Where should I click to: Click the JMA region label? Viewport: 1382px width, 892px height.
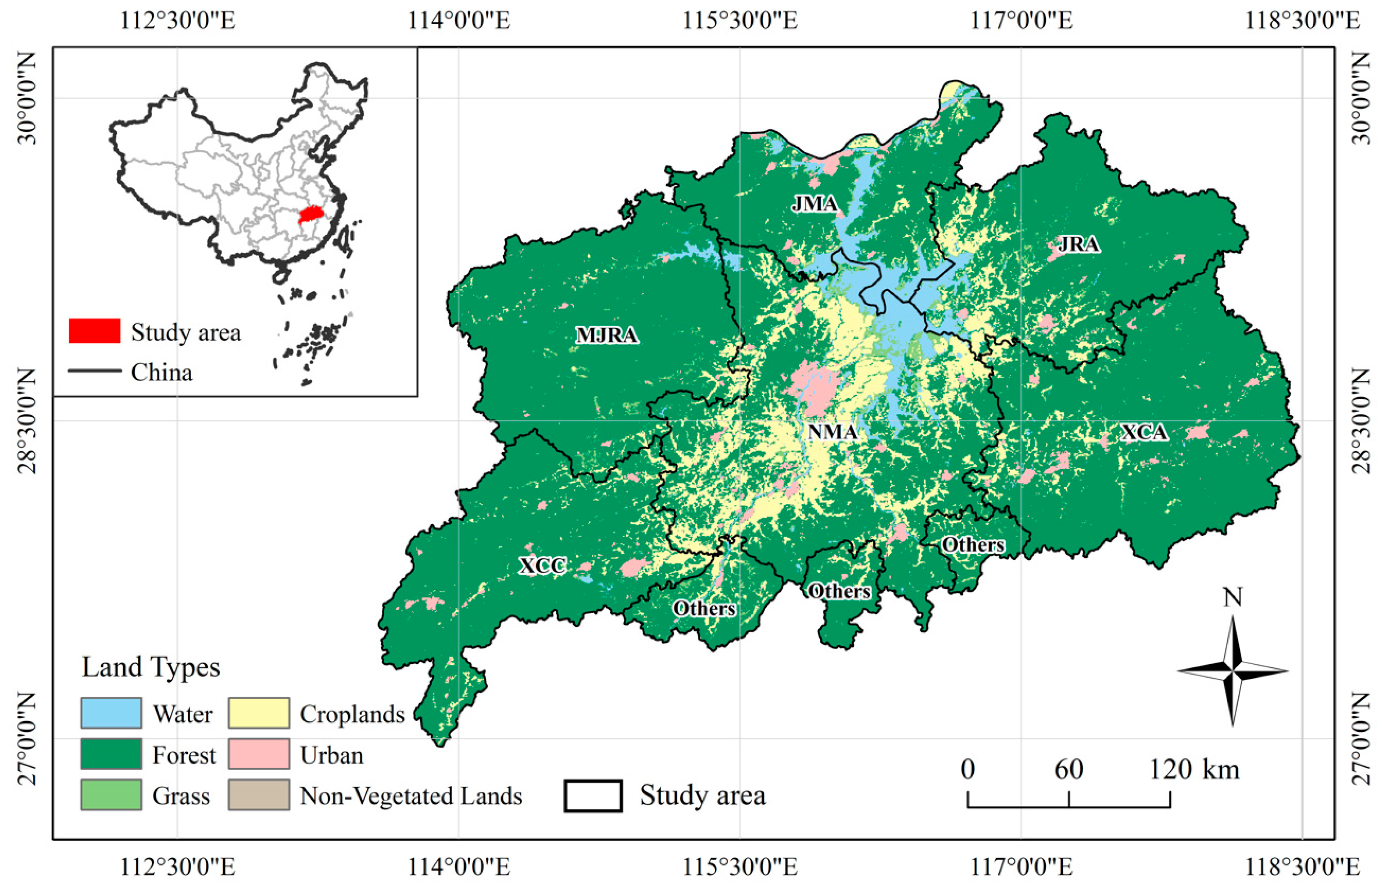pyautogui.click(x=814, y=204)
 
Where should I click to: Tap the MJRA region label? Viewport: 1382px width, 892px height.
pyautogui.click(x=606, y=335)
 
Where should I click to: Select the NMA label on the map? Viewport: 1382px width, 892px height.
pyautogui.click(x=833, y=431)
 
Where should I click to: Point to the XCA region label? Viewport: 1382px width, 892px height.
pyautogui.click(x=1143, y=432)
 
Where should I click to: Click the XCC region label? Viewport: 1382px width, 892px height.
pyautogui.click(x=543, y=565)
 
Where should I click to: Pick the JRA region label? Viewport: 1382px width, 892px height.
pyautogui.click(x=1078, y=244)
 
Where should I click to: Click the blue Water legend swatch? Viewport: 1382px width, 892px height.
pyautogui.click(x=111, y=713)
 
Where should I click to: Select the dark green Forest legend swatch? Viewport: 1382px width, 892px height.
pyautogui.click(x=111, y=754)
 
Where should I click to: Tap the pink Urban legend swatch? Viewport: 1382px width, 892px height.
pyautogui.click(x=259, y=754)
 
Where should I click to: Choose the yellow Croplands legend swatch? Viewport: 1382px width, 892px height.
pyautogui.click(x=259, y=713)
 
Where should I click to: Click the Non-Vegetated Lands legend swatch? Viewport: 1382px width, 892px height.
pyautogui.click(x=259, y=795)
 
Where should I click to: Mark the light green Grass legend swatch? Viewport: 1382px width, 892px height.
pyautogui.click(x=111, y=795)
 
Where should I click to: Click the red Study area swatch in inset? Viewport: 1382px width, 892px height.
pyautogui.click(x=95, y=331)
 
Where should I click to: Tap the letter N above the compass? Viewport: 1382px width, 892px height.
pyautogui.click(x=1232, y=597)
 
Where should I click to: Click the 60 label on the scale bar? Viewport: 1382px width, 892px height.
pyautogui.click(x=1068, y=769)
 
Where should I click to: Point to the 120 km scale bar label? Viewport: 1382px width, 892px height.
pyautogui.click(x=1194, y=769)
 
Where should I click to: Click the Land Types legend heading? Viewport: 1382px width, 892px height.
pyautogui.click(x=151, y=667)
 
